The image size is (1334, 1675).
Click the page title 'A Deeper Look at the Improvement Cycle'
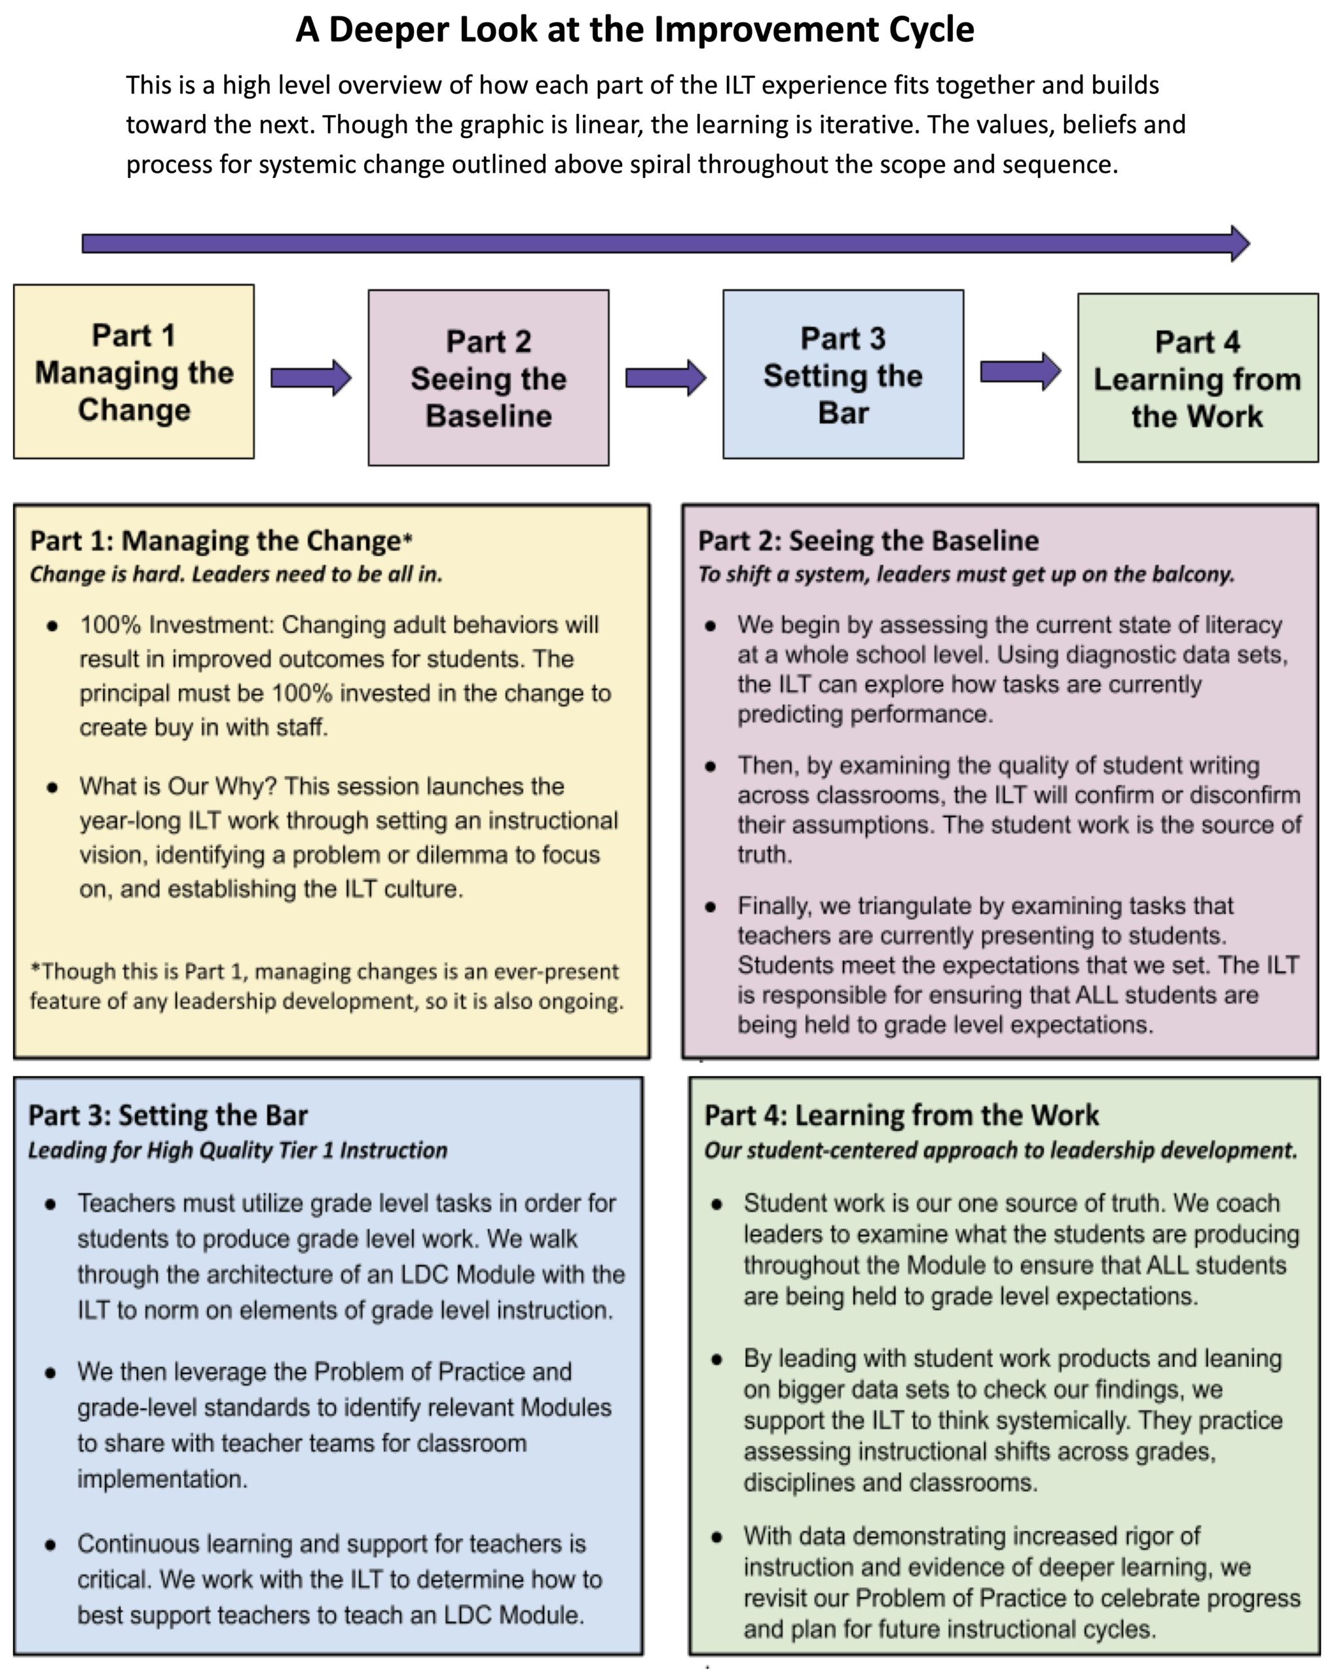(635, 30)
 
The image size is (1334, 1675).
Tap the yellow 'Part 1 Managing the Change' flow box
(134, 372)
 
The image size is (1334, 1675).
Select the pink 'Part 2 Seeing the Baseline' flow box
(488, 378)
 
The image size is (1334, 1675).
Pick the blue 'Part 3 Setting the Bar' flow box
(843, 374)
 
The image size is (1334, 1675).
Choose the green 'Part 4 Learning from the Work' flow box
(1197, 378)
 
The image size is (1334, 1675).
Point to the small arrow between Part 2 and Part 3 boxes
(665, 378)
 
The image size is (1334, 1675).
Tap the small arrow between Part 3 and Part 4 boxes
(1020, 372)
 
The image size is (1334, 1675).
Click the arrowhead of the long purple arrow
(1239, 244)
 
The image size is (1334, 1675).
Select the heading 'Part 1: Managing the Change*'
(221, 540)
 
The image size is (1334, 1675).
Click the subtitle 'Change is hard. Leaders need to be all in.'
(236, 574)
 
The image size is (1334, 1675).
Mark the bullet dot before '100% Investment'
(52, 626)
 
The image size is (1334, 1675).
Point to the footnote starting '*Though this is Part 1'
(327, 986)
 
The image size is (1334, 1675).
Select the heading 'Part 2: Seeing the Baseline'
(868, 540)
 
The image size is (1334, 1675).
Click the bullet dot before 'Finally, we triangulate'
(710, 907)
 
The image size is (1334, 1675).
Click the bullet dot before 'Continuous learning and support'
(50, 1545)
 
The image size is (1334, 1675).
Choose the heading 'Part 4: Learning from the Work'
(901, 1116)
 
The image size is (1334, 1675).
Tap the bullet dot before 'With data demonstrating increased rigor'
(716, 1537)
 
